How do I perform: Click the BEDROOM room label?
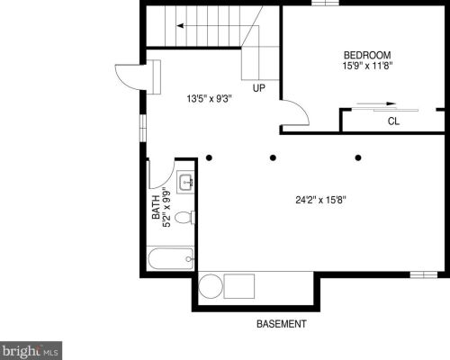(x=367, y=55)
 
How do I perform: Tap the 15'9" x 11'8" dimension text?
(x=368, y=66)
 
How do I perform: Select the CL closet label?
(x=393, y=121)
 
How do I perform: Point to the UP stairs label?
(x=259, y=88)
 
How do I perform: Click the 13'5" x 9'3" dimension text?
(x=210, y=98)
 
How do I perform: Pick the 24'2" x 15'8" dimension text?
(x=321, y=200)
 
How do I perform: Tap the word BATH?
(x=156, y=207)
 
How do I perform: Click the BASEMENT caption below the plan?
(x=282, y=324)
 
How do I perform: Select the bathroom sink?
(x=185, y=182)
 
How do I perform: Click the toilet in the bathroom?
(x=184, y=218)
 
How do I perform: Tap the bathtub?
(x=171, y=258)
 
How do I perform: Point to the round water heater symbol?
(x=211, y=286)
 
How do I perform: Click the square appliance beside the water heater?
(x=239, y=286)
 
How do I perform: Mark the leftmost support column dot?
(x=209, y=157)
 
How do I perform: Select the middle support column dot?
(x=273, y=157)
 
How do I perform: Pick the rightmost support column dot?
(x=358, y=157)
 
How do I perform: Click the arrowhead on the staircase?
(x=180, y=26)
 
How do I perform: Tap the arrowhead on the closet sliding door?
(x=391, y=103)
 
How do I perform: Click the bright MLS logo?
(x=31, y=350)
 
